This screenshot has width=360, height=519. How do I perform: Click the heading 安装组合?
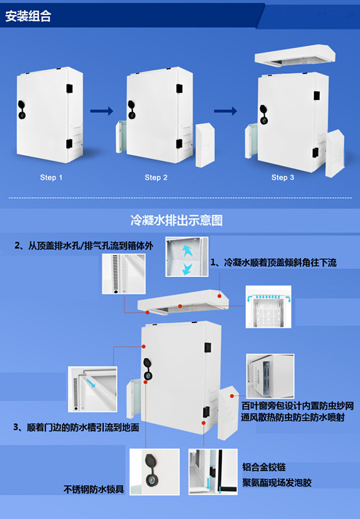click(x=28, y=16)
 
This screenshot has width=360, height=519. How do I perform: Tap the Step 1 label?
click(x=51, y=177)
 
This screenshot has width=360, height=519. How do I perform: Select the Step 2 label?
click(x=156, y=177)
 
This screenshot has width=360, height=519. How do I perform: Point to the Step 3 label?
click(x=283, y=177)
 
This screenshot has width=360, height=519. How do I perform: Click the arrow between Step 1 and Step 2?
click(x=102, y=111)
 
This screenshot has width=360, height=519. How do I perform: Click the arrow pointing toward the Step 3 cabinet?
click(x=225, y=111)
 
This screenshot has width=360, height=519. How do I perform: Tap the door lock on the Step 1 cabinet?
click(x=22, y=110)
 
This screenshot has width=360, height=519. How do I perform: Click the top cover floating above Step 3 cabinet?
click(x=295, y=55)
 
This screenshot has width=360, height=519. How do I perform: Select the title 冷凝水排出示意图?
click(x=176, y=220)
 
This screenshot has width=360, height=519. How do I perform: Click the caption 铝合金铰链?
click(x=264, y=467)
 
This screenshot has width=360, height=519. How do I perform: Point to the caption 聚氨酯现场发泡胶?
click(x=276, y=483)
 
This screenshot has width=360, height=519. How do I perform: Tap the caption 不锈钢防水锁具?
click(x=93, y=489)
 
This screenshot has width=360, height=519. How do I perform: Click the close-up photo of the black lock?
click(x=154, y=472)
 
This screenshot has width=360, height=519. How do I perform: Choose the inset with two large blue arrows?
click(x=187, y=256)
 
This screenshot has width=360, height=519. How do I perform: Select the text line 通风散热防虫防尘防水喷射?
click(x=293, y=417)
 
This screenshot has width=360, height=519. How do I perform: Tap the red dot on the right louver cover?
click(x=232, y=396)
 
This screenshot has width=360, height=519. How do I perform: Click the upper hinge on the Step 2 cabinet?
click(x=179, y=88)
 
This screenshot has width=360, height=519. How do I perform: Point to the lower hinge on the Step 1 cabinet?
click(x=69, y=144)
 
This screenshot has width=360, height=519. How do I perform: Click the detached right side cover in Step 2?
click(x=205, y=145)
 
